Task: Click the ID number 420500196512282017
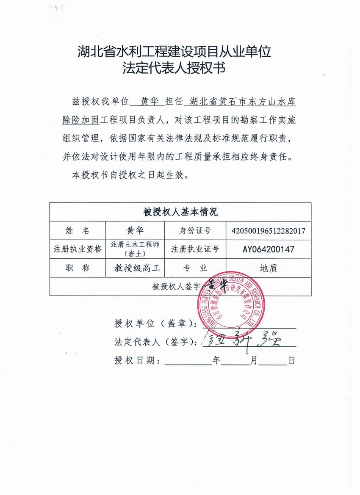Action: [x=269, y=231]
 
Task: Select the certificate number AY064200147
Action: [x=269, y=249]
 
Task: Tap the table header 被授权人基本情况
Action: [x=180, y=212]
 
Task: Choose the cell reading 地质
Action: [x=269, y=268]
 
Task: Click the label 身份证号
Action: [x=195, y=231]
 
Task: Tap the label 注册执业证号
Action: [x=195, y=249]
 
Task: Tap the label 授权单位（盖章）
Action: [x=156, y=324]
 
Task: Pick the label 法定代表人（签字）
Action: [x=156, y=342]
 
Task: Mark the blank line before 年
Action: [x=188, y=362]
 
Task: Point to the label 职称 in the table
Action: [x=78, y=268]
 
